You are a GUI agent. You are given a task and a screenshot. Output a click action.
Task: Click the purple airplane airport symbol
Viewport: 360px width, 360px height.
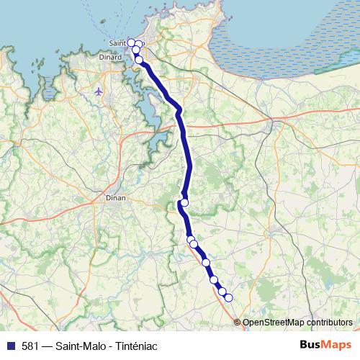click(x=99, y=91)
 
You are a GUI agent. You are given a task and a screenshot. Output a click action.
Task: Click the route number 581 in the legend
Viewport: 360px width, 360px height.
click(x=30, y=346)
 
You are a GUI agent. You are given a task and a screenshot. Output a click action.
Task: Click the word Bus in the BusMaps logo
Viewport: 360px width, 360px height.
click(x=312, y=345)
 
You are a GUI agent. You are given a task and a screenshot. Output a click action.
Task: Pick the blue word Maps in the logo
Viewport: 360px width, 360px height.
click(x=338, y=345)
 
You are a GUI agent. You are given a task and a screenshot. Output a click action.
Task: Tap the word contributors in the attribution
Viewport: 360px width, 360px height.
click(x=330, y=323)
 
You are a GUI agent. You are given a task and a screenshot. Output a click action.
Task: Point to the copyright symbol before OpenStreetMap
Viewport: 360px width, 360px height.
click(x=238, y=323)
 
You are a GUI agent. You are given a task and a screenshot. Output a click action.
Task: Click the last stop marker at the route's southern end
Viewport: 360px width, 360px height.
click(x=229, y=297)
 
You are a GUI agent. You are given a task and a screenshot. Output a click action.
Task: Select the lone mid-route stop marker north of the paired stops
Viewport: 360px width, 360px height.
click(x=184, y=203)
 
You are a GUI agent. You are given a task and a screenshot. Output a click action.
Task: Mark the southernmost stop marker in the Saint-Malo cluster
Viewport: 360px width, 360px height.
click(x=139, y=60)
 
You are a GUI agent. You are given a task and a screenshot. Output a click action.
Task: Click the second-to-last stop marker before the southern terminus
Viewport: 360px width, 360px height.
click(x=222, y=292)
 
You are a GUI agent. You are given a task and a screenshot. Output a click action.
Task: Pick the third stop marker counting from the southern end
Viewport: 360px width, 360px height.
click(x=213, y=280)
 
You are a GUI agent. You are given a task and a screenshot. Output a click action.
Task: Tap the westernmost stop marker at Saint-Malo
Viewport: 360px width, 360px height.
click(x=131, y=42)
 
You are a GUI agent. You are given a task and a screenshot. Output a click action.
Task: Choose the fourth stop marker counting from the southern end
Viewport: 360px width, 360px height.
click(x=206, y=263)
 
